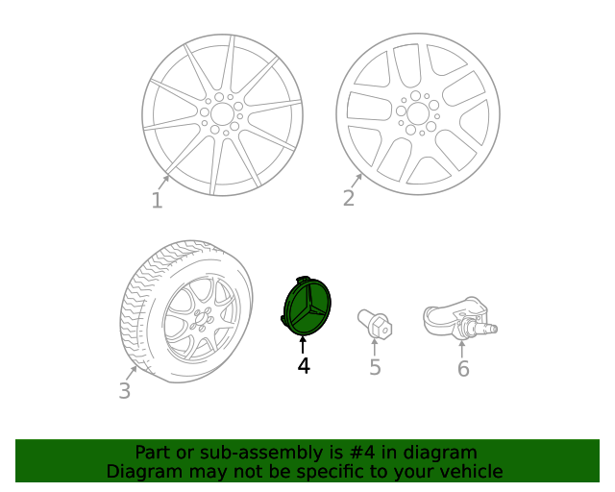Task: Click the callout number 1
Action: coord(157,200)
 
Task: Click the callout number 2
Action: coord(349,198)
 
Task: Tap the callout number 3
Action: coord(124,391)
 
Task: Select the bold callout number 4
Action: coord(304,366)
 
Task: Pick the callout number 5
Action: coord(375,367)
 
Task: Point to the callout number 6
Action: coord(463,369)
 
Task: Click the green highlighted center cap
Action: coord(306,307)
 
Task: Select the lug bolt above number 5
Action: coord(374,323)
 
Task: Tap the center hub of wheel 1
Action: coord(222,113)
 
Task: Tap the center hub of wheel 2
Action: coord(417,113)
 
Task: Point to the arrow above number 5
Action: coord(375,347)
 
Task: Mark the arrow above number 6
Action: coord(462,348)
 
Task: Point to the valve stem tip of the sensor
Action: coord(494,330)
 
